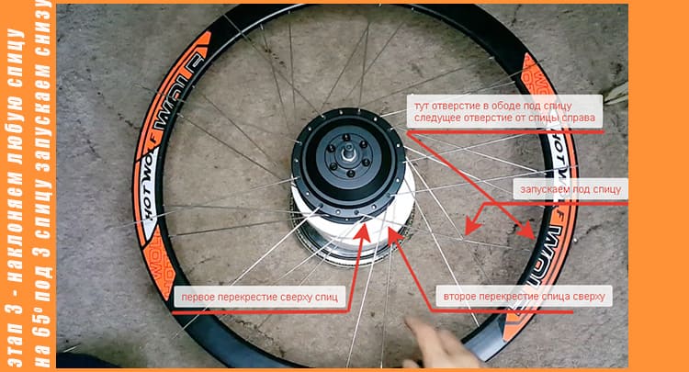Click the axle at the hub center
(x=348, y=154)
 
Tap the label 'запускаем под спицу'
(x=570, y=190)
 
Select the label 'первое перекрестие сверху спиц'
(x=260, y=297)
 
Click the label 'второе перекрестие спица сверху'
(x=524, y=297)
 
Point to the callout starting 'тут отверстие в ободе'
(x=504, y=111)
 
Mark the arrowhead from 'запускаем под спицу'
(x=471, y=225)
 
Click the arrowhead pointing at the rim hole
(x=527, y=231)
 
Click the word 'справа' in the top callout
(x=579, y=118)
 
